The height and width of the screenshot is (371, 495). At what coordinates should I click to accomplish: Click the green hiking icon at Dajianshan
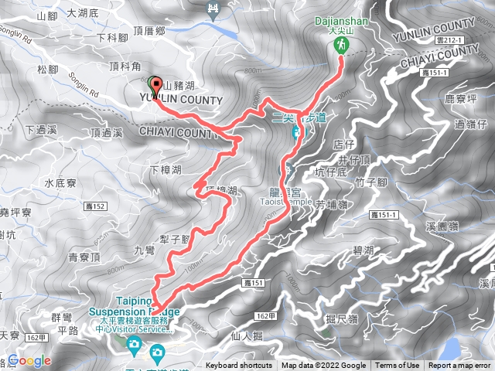tap(341, 47)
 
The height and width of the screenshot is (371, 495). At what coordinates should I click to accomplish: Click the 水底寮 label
tap(59, 184)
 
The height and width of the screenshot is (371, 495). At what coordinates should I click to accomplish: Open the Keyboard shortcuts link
tap(238, 366)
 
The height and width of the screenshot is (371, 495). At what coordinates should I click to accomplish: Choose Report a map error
tap(460, 366)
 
